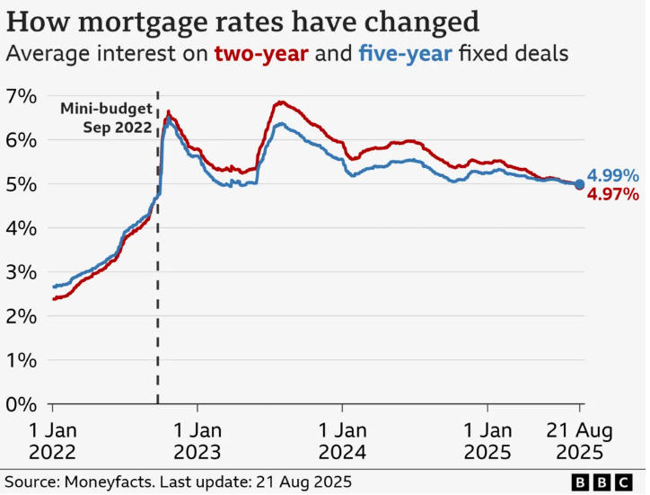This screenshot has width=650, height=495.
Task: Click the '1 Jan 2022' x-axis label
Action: pos(52,441)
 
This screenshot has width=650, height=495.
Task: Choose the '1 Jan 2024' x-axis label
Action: pos(342,441)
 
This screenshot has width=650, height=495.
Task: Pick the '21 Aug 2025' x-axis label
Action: pos(580,441)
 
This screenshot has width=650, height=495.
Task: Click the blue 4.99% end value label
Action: pos(613,176)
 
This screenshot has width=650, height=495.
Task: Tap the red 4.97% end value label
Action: pos(613,194)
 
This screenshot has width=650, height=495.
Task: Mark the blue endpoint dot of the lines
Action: pos(579,184)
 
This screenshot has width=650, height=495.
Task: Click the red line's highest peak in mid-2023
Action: pos(280,102)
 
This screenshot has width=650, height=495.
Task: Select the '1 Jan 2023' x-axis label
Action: pos(198,441)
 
